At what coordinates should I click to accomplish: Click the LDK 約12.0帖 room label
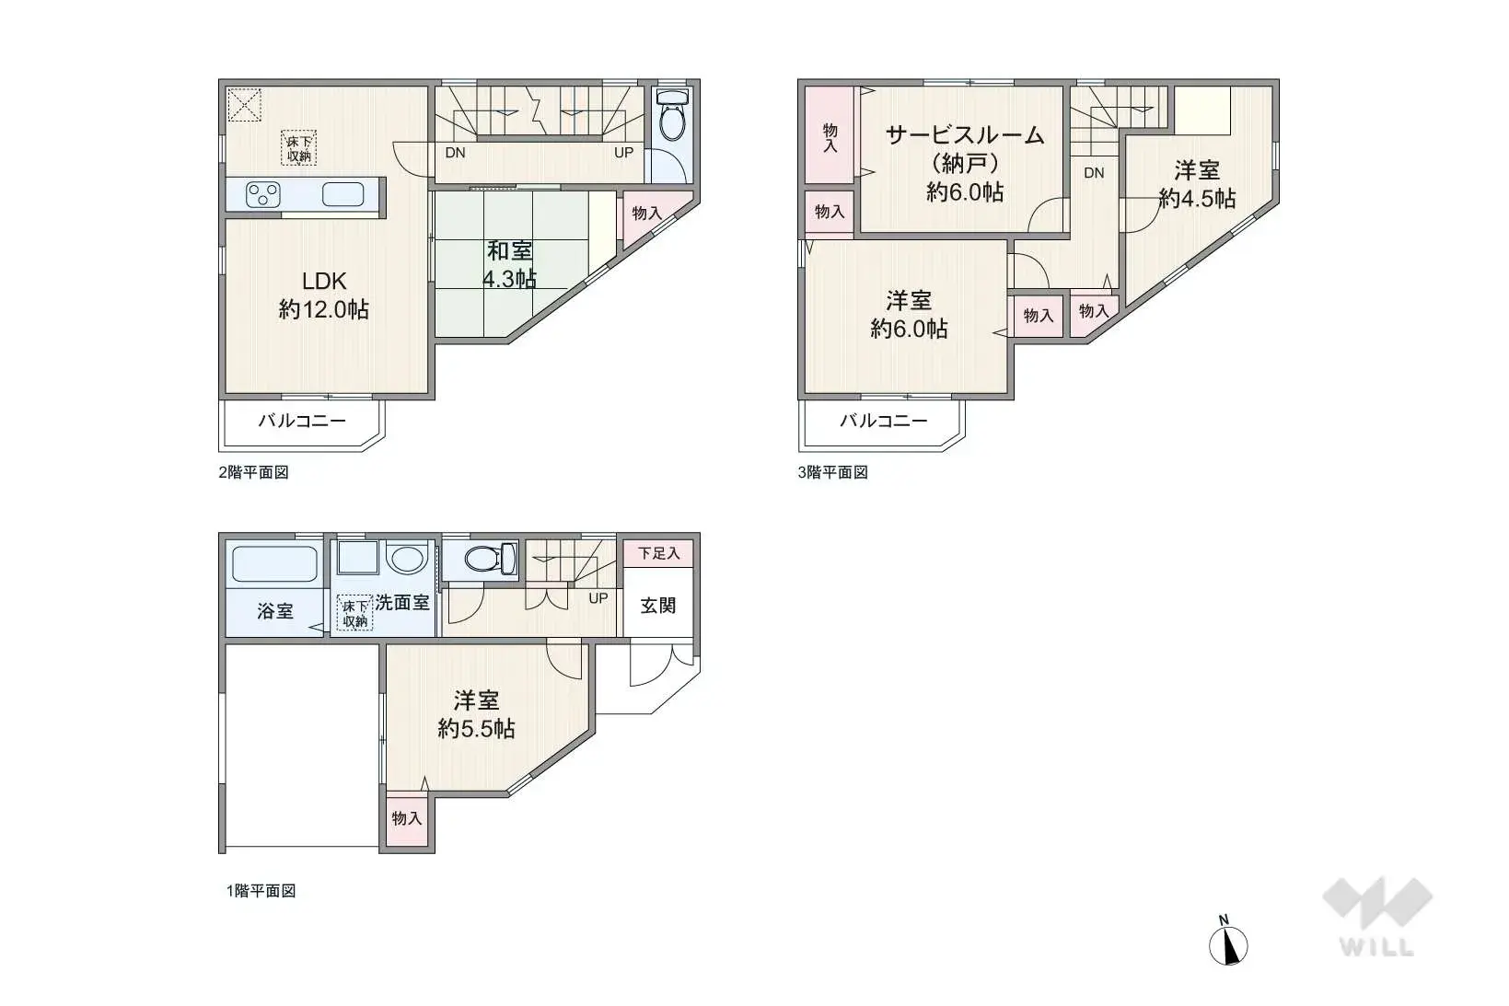[x=323, y=295]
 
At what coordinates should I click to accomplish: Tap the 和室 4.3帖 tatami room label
[x=509, y=264]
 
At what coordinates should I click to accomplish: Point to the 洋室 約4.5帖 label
[x=1196, y=184]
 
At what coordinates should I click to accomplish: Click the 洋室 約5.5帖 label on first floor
[x=476, y=714]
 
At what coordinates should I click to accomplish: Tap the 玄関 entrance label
[x=657, y=606]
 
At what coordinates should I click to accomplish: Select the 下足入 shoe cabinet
[x=658, y=553]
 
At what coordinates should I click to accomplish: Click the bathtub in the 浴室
[x=274, y=563]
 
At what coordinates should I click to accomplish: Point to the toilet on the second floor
[x=673, y=115]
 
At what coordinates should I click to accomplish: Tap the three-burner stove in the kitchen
[x=263, y=194]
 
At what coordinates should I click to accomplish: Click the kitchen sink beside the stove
[x=342, y=194]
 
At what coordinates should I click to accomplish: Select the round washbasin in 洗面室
[x=406, y=558]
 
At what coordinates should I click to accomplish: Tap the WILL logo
[x=1376, y=916]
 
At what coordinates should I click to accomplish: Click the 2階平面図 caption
[x=253, y=472]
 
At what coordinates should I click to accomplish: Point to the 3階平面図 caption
[x=832, y=472]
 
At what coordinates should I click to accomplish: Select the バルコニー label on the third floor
[x=882, y=422]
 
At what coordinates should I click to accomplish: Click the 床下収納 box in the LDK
[x=298, y=148]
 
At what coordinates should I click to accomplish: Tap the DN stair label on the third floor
[x=1093, y=173]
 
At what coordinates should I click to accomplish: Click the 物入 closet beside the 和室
[x=647, y=214]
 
